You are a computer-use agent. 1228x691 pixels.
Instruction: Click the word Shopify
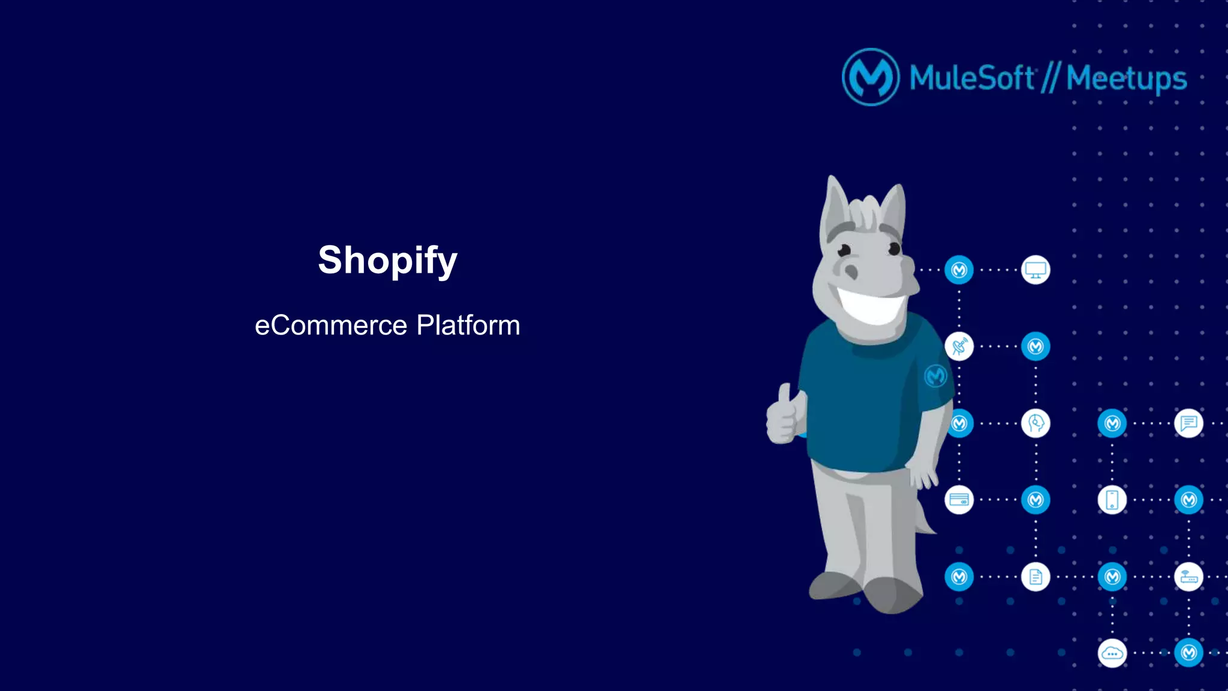pyautogui.click(x=387, y=261)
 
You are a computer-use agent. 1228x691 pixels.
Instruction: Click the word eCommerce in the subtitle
pyautogui.click(x=331, y=325)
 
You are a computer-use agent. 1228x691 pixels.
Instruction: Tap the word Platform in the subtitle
pyautogui.click(x=468, y=325)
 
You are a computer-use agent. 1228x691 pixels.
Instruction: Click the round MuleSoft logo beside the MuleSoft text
pyautogui.click(x=871, y=77)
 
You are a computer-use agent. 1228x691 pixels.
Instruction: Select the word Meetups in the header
pyautogui.click(x=1126, y=79)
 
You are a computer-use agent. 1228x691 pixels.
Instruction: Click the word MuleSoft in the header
pyautogui.click(x=971, y=78)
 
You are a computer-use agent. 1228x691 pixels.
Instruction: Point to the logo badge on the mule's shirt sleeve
pyautogui.click(x=935, y=376)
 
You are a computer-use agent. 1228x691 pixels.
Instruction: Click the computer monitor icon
pyautogui.click(x=1036, y=270)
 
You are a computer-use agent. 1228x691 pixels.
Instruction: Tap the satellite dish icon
pyautogui.click(x=959, y=346)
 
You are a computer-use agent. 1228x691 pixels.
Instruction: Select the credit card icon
pyautogui.click(x=959, y=500)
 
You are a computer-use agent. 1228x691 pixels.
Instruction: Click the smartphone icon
pyautogui.click(x=1112, y=500)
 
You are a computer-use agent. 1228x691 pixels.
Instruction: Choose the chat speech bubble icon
pyautogui.click(x=1188, y=423)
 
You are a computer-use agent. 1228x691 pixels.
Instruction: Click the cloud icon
pyautogui.click(x=1112, y=653)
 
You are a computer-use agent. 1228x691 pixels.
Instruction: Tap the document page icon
pyautogui.click(x=1036, y=577)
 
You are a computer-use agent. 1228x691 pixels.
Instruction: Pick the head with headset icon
pyautogui.click(x=1036, y=423)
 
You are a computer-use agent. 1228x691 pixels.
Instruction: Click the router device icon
pyautogui.click(x=1188, y=577)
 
